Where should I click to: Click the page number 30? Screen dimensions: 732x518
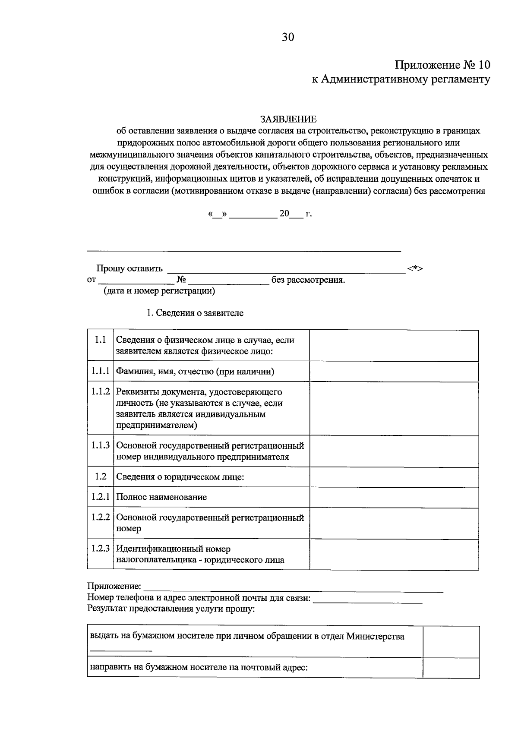(x=288, y=38)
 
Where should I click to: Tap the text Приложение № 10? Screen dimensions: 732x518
(x=442, y=65)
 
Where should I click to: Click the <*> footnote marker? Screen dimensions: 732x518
(x=415, y=268)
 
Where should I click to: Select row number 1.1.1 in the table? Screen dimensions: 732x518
(x=100, y=371)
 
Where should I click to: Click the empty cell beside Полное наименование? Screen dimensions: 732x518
(x=394, y=497)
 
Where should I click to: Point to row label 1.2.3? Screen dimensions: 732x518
(x=100, y=549)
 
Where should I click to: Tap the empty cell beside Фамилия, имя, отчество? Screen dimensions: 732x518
(x=394, y=371)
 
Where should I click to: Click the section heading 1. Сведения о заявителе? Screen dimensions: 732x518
(x=195, y=313)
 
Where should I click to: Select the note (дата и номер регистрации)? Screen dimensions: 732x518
(x=159, y=291)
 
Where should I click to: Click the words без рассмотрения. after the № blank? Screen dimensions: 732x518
(x=308, y=280)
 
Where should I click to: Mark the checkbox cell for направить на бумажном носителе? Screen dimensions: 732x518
(x=451, y=668)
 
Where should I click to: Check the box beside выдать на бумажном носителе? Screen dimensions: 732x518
(x=451, y=642)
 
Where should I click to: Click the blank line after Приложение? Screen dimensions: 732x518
(x=294, y=587)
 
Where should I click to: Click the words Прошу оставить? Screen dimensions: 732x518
(x=129, y=268)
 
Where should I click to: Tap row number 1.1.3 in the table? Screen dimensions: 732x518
(x=100, y=445)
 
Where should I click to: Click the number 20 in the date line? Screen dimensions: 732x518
(x=284, y=214)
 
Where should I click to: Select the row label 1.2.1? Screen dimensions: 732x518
(x=100, y=497)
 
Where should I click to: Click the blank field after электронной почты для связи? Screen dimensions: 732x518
(x=367, y=599)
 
